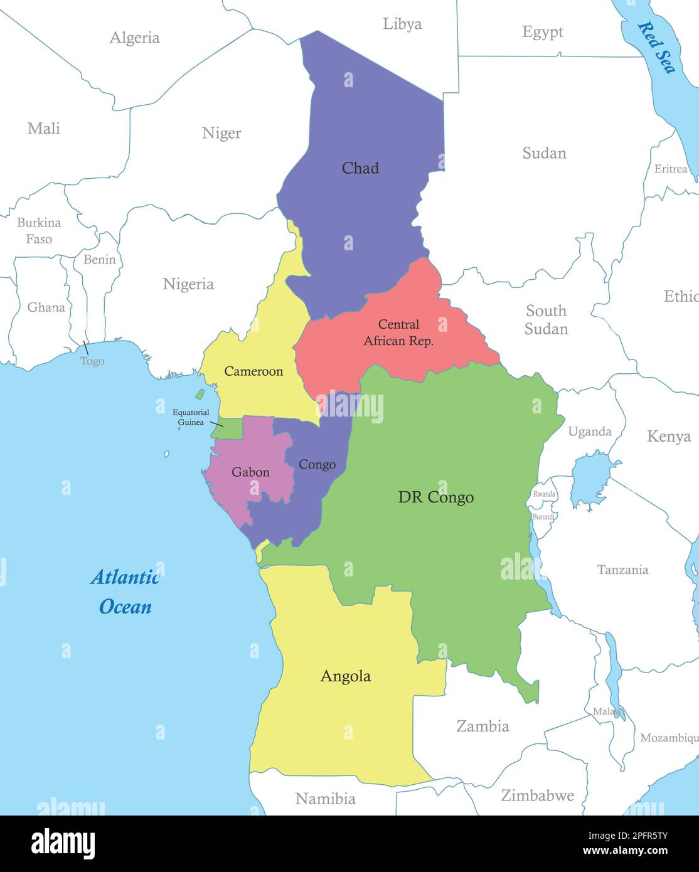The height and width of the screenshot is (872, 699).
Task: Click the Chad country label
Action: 360,168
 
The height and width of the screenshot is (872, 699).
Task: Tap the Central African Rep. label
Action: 398,333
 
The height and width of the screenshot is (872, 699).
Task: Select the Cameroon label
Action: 253,371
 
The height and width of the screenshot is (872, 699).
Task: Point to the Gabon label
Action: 250,472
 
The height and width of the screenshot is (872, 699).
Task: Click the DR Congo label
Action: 435,497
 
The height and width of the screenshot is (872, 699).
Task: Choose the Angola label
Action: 345,676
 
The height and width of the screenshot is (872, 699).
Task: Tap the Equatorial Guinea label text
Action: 191,417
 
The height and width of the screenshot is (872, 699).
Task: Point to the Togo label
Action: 92,361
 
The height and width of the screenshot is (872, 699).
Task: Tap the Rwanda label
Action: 544,494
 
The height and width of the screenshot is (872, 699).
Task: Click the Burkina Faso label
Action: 39,230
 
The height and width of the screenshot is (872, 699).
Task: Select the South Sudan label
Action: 546,320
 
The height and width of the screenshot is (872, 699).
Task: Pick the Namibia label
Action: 325,799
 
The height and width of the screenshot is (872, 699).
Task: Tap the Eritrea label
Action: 671,169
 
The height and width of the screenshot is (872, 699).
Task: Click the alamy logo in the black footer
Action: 63,843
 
